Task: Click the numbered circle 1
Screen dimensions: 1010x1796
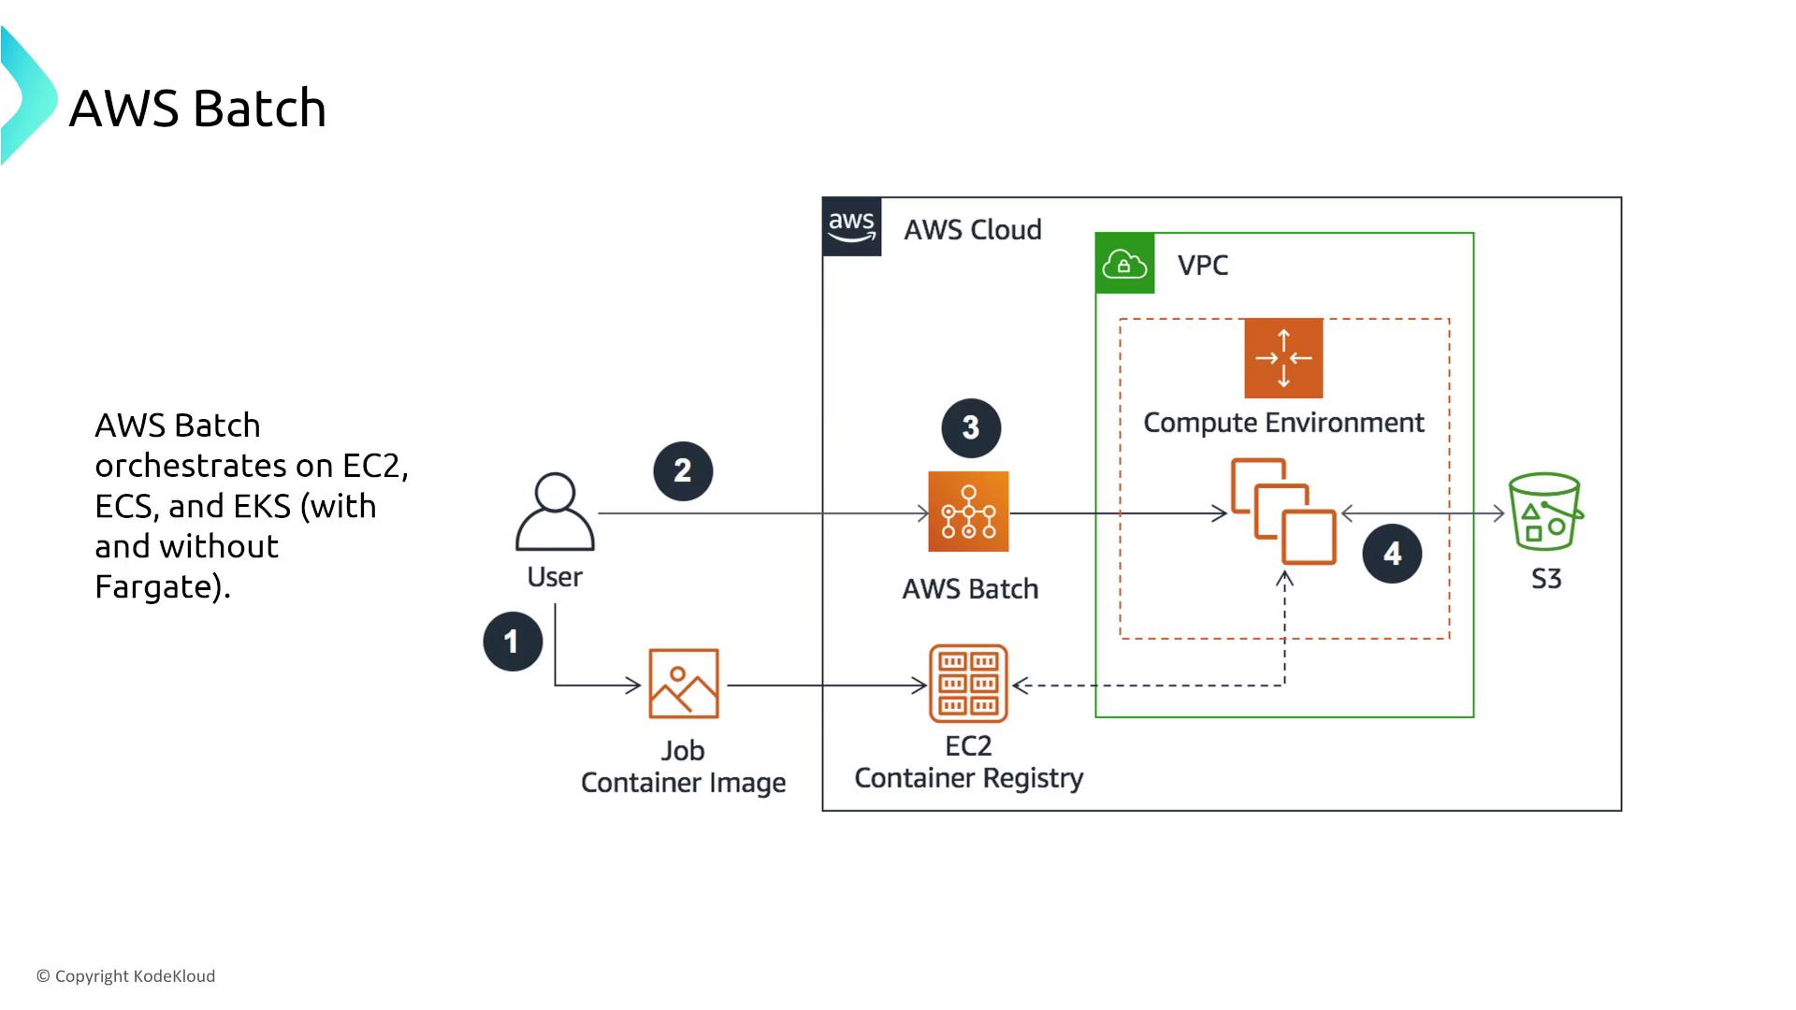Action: [513, 642]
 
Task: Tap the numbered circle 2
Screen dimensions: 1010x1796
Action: [683, 470]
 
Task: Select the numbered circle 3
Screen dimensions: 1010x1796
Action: [971, 428]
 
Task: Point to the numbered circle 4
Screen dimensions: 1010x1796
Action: [1392, 554]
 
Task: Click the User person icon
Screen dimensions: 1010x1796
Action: [555, 512]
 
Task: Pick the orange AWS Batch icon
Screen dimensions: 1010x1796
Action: [968, 512]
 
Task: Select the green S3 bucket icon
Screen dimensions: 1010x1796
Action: [1545, 512]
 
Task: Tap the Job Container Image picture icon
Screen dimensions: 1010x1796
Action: [684, 684]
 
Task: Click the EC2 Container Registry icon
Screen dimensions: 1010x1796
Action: [968, 684]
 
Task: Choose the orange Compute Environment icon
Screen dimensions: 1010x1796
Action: [1283, 358]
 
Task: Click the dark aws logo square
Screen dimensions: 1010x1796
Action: [851, 226]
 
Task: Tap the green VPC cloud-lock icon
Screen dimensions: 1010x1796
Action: [1124, 265]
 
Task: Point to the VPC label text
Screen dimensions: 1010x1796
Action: [1203, 266]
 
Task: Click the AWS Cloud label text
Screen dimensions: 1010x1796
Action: [973, 230]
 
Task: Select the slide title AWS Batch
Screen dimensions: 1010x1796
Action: [197, 108]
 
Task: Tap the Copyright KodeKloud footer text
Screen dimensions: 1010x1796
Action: [126, 976]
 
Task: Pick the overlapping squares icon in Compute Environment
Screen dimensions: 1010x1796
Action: [1283, 512]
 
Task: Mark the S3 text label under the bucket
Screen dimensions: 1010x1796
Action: [1546, 579]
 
